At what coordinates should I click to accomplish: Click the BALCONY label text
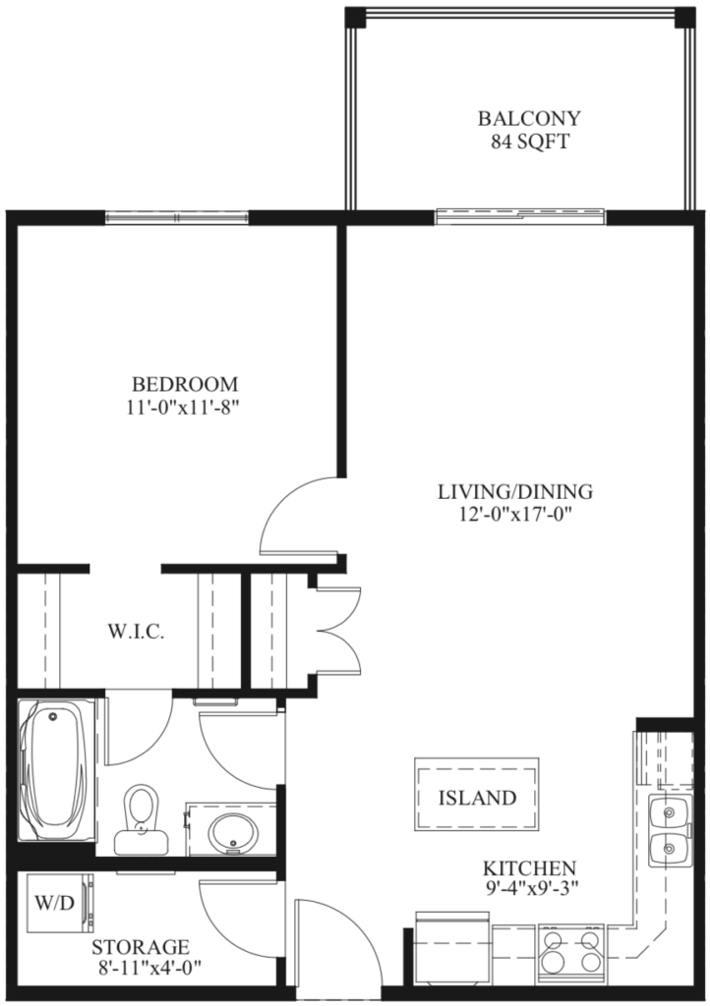(x=528, y=119)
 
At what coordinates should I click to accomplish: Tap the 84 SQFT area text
(x=528, y=141)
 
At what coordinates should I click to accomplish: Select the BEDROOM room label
(x=186, y=383)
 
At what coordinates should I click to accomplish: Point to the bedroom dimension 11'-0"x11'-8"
(x=186, y=406)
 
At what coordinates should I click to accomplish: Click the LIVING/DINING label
(x=515, y=491)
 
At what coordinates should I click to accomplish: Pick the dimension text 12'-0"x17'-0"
(x=515, y=514)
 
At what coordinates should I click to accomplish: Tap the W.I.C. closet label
(x=135, y=632)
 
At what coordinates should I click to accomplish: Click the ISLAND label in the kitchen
(x=477, y=798)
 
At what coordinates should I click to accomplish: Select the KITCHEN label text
(x=528, y=868)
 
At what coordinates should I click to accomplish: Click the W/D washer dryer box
(x=55, y=902)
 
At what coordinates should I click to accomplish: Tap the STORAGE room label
(x=140, y=948)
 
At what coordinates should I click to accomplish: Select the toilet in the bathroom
(x=141, y=818)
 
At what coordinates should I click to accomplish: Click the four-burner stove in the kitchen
(x=570, y=951)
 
